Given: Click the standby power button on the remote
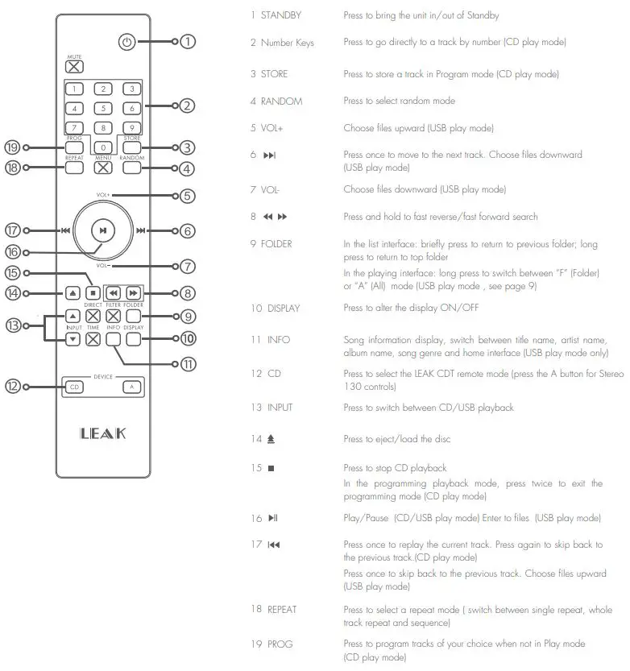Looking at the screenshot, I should [x=126, y=41].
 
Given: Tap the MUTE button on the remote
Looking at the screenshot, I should [x=74, y=67].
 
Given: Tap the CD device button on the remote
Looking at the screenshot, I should [x=74, y=387].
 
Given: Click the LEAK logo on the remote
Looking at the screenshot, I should [x=103, y=434].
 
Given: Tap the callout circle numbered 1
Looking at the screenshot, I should [x=188, y=41].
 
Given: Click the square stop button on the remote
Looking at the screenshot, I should [x=93, y=293].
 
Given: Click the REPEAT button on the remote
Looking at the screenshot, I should [x=74, y=168].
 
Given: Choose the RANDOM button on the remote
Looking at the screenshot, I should [x=132, y=168].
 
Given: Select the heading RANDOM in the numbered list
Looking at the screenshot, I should [x=281, y=101].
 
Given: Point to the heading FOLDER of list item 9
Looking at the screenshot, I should [x=278, y=243].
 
